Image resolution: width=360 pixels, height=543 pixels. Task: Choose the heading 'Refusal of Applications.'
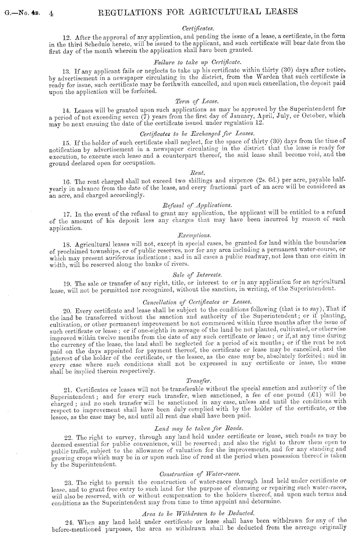tap(197, 205)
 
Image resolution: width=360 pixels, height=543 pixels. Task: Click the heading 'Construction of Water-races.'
tap(199, 474)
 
